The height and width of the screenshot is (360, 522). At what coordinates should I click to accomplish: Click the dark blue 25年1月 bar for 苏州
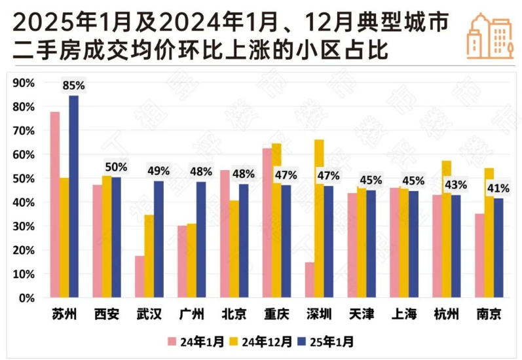pyautogui.click(x=74, y=196)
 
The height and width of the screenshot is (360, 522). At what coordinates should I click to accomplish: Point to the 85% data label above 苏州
pyautogui.click(x=73, y=85)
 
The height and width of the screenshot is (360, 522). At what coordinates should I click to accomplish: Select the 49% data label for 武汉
pyautogui.click(x=158, y=171)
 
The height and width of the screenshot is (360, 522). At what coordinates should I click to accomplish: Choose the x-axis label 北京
pyautogui.click(x=234, y=315)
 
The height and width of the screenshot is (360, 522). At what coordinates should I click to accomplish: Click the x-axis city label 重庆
pyautogui.click(x=276, y=315)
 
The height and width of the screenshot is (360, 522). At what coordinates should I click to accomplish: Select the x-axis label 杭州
pyautogui.click(x=446, y=315)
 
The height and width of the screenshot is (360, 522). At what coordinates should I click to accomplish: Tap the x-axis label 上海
pyautogui.click(x=403, y=315)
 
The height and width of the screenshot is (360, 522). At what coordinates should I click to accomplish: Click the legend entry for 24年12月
pyautogui.click(x=265, y=341)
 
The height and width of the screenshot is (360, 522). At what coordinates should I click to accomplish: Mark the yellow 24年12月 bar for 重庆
pyautogui.click(x=276, y=223)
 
